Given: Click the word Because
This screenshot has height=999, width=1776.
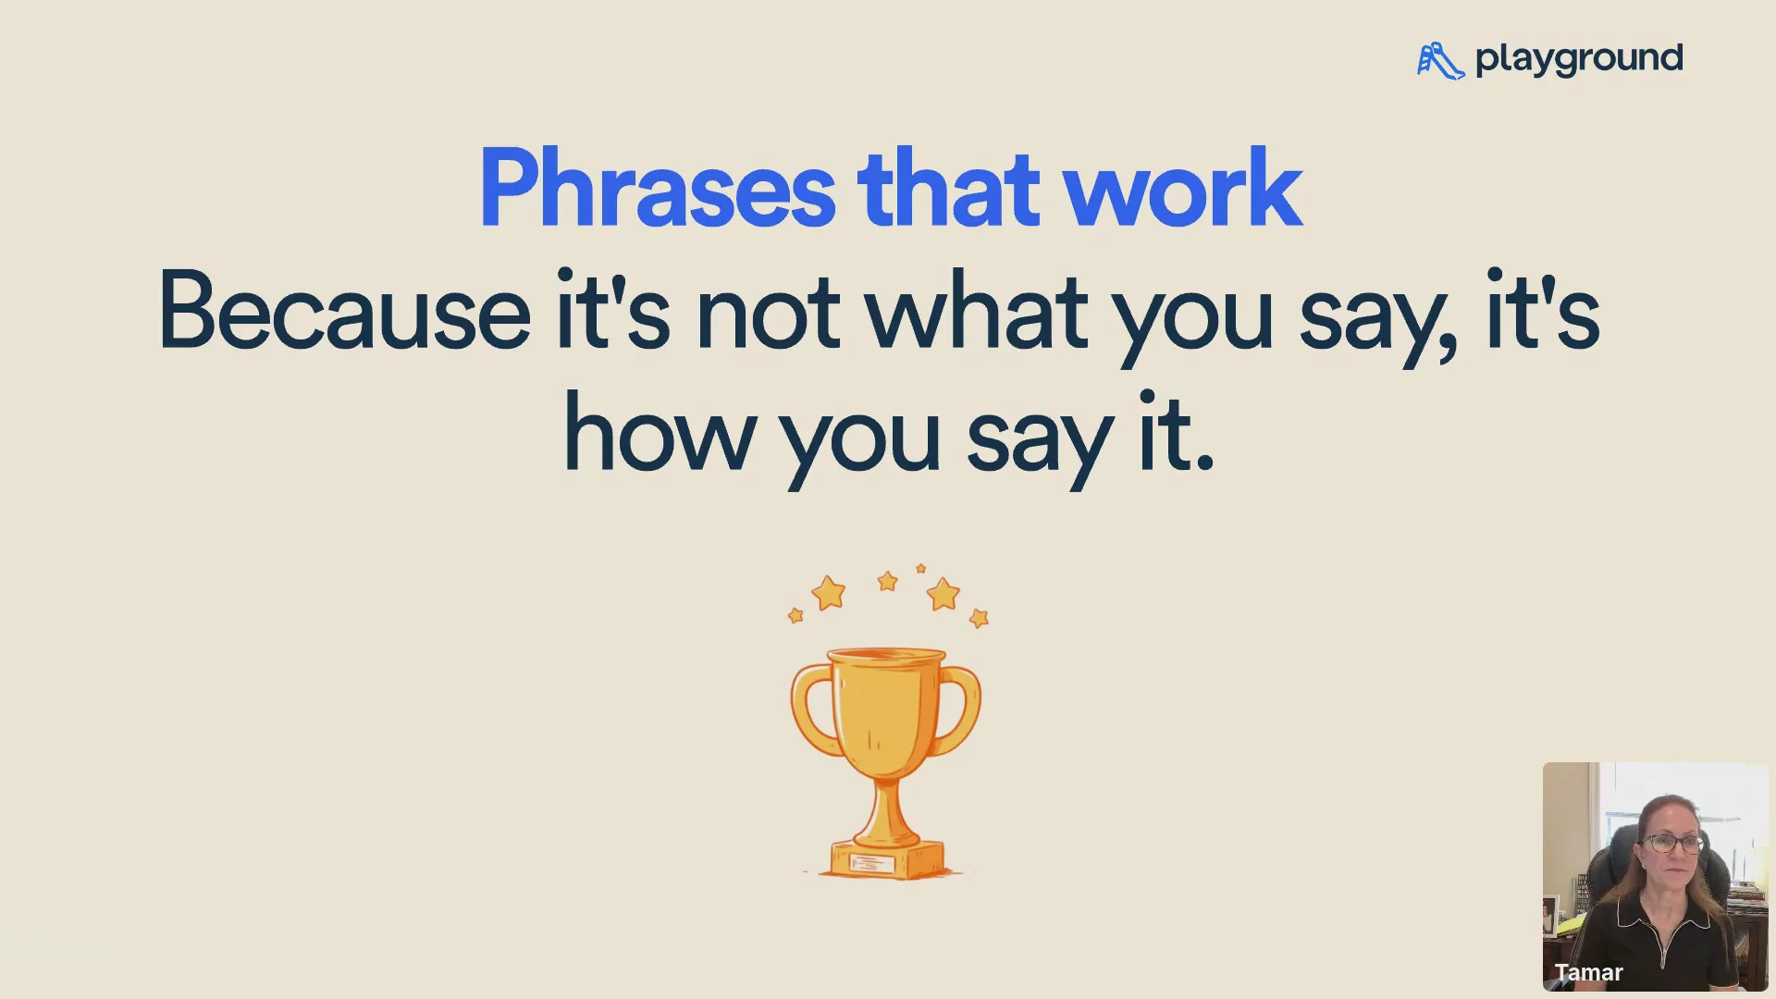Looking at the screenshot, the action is pos(345,310).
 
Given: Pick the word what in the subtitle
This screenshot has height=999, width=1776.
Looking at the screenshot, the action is pos(977,310).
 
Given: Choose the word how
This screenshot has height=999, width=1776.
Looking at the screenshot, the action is pos(660,432).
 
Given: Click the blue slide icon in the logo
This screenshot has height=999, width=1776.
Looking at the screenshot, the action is pos(1441,60).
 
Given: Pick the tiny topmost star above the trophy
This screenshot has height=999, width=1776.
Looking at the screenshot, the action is pos(920,568).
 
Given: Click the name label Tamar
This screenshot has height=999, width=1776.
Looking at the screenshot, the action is pos(1588,972).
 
